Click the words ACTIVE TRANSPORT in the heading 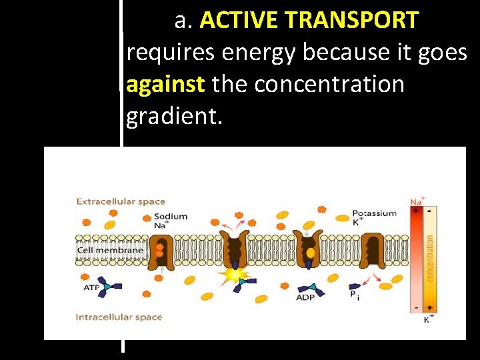[x=309, y=21]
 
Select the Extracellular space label [x=121, y=201]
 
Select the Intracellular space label [x=119, y=317]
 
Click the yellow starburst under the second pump [x=235, y=275]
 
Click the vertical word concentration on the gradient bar [x=430, y=257]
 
